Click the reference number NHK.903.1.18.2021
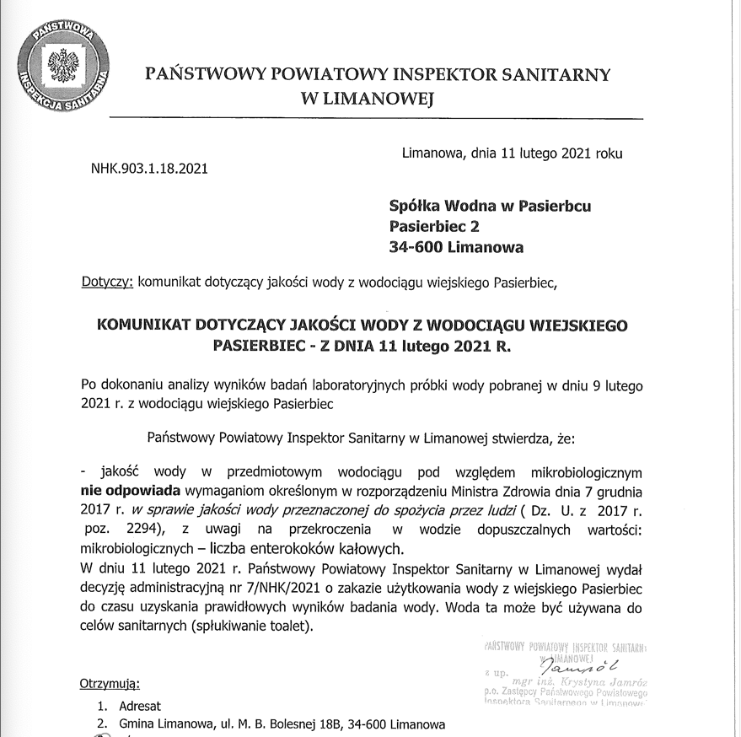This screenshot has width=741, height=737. pos(148,169)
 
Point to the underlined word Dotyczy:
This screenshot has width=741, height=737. pos(107,282)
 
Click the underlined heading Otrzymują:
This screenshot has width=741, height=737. pos(110,682)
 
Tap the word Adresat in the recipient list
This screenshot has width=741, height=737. pos(139,706)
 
